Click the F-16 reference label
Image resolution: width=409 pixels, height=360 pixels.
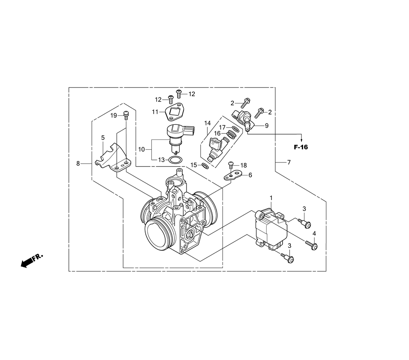[301, 147]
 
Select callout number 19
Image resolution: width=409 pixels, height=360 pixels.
[113, 115]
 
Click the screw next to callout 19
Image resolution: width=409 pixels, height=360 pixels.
[126, 115]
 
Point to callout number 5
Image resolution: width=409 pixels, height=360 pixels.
[103, 137]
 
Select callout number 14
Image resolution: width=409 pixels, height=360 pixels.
[207, 123]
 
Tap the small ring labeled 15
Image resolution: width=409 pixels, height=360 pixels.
[205, 166]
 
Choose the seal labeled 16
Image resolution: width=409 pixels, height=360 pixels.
[230, 135]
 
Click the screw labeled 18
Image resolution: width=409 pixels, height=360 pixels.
[231, 164]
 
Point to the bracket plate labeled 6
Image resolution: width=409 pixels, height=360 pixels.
[233, 175]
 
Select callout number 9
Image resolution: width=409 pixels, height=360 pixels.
[267, 126]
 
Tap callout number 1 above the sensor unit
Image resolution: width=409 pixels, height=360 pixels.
[271, 198]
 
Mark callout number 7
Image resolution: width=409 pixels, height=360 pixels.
[289, 162]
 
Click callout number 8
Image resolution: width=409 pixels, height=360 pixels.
[78, 164]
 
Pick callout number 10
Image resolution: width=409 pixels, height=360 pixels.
[142, 149]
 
